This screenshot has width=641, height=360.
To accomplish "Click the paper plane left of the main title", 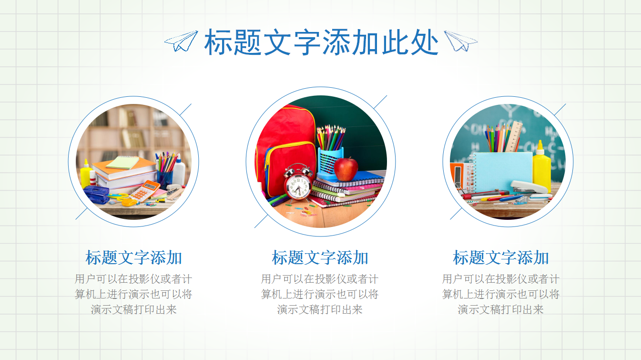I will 181,41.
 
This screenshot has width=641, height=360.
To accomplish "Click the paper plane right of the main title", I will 460,41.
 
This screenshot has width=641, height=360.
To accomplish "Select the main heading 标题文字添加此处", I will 321,42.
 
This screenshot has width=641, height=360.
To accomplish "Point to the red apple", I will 346,169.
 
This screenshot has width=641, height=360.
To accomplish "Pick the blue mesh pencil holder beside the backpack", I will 330,162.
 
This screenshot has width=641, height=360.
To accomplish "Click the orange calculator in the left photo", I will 145,190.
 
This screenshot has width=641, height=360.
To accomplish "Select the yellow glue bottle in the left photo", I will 86,174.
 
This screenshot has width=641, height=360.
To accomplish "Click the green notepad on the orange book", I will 122,163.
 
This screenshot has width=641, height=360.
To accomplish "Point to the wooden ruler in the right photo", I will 515,136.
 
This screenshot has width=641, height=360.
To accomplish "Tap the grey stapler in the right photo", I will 528,187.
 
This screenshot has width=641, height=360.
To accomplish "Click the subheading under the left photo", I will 134,258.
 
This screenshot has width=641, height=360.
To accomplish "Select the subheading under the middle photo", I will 320,258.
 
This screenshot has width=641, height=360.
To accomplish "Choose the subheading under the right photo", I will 501,258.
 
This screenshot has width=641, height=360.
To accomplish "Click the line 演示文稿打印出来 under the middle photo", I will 320,309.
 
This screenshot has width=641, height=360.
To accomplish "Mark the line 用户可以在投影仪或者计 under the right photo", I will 501,279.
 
